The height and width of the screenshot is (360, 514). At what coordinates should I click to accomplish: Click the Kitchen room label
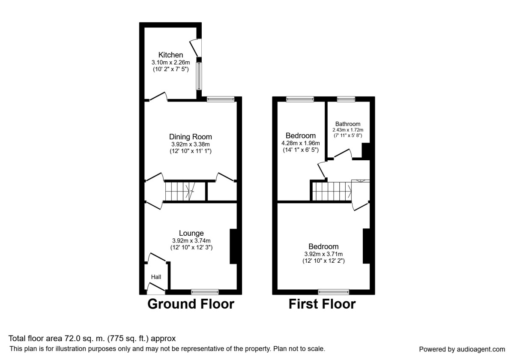pos(171,55)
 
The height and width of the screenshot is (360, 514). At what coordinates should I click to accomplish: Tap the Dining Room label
pos(190,137)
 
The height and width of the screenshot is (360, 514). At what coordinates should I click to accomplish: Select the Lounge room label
pos(191,233)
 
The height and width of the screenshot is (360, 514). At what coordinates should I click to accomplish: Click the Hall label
pos(156,277)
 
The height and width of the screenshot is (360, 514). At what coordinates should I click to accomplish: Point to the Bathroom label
pos(348,124)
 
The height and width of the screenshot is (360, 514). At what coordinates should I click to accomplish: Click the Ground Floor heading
pos(191,304)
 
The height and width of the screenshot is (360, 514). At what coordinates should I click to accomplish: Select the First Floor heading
pos(322,304)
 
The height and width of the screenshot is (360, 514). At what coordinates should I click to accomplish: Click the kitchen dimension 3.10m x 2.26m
pos(171,62)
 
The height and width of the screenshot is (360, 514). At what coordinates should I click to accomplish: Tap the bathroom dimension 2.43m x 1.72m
pos(348,130)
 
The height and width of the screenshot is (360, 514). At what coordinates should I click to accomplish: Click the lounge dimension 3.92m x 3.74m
pos(191,240)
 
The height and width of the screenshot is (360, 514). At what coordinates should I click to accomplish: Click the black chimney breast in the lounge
pos(233,246)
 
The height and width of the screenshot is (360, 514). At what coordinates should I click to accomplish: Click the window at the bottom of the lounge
pos(205,292)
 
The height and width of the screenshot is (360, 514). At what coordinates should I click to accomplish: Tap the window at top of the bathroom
pos(346,99)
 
